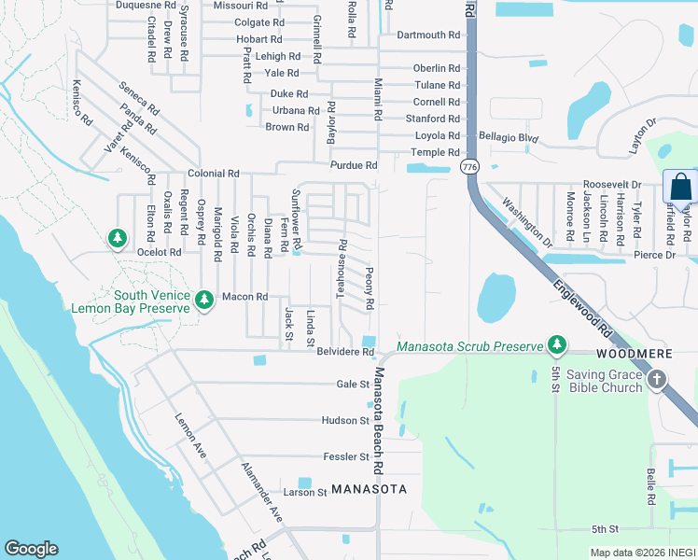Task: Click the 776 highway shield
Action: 469,166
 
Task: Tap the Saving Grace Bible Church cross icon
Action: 657,379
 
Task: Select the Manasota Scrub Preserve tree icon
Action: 557,344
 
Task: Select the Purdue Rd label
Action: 353,165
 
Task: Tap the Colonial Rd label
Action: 214,174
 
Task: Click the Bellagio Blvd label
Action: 510,138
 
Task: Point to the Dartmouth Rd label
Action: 428,35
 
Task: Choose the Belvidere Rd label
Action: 345,352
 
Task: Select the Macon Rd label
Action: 244,297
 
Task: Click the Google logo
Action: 31,549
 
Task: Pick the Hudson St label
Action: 345,421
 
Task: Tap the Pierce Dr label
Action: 655,255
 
